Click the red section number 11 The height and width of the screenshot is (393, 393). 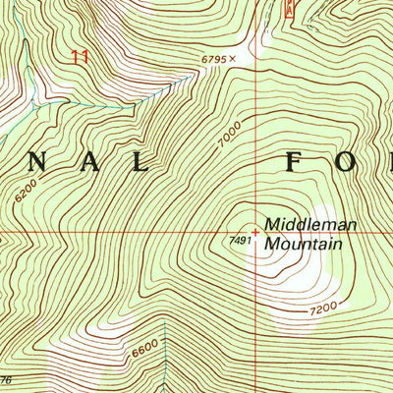pyautogui.click(x=80, y=58)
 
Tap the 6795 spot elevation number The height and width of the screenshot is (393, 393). pyautogui.click(x=214, y=60)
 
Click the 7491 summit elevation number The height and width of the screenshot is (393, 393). pyautogui.click(x=243, y=239)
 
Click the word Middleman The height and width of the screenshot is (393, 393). pyautogui.click(x=302, y=224)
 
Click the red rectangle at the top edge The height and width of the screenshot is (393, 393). pyautogui.click(x=288, y=9)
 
